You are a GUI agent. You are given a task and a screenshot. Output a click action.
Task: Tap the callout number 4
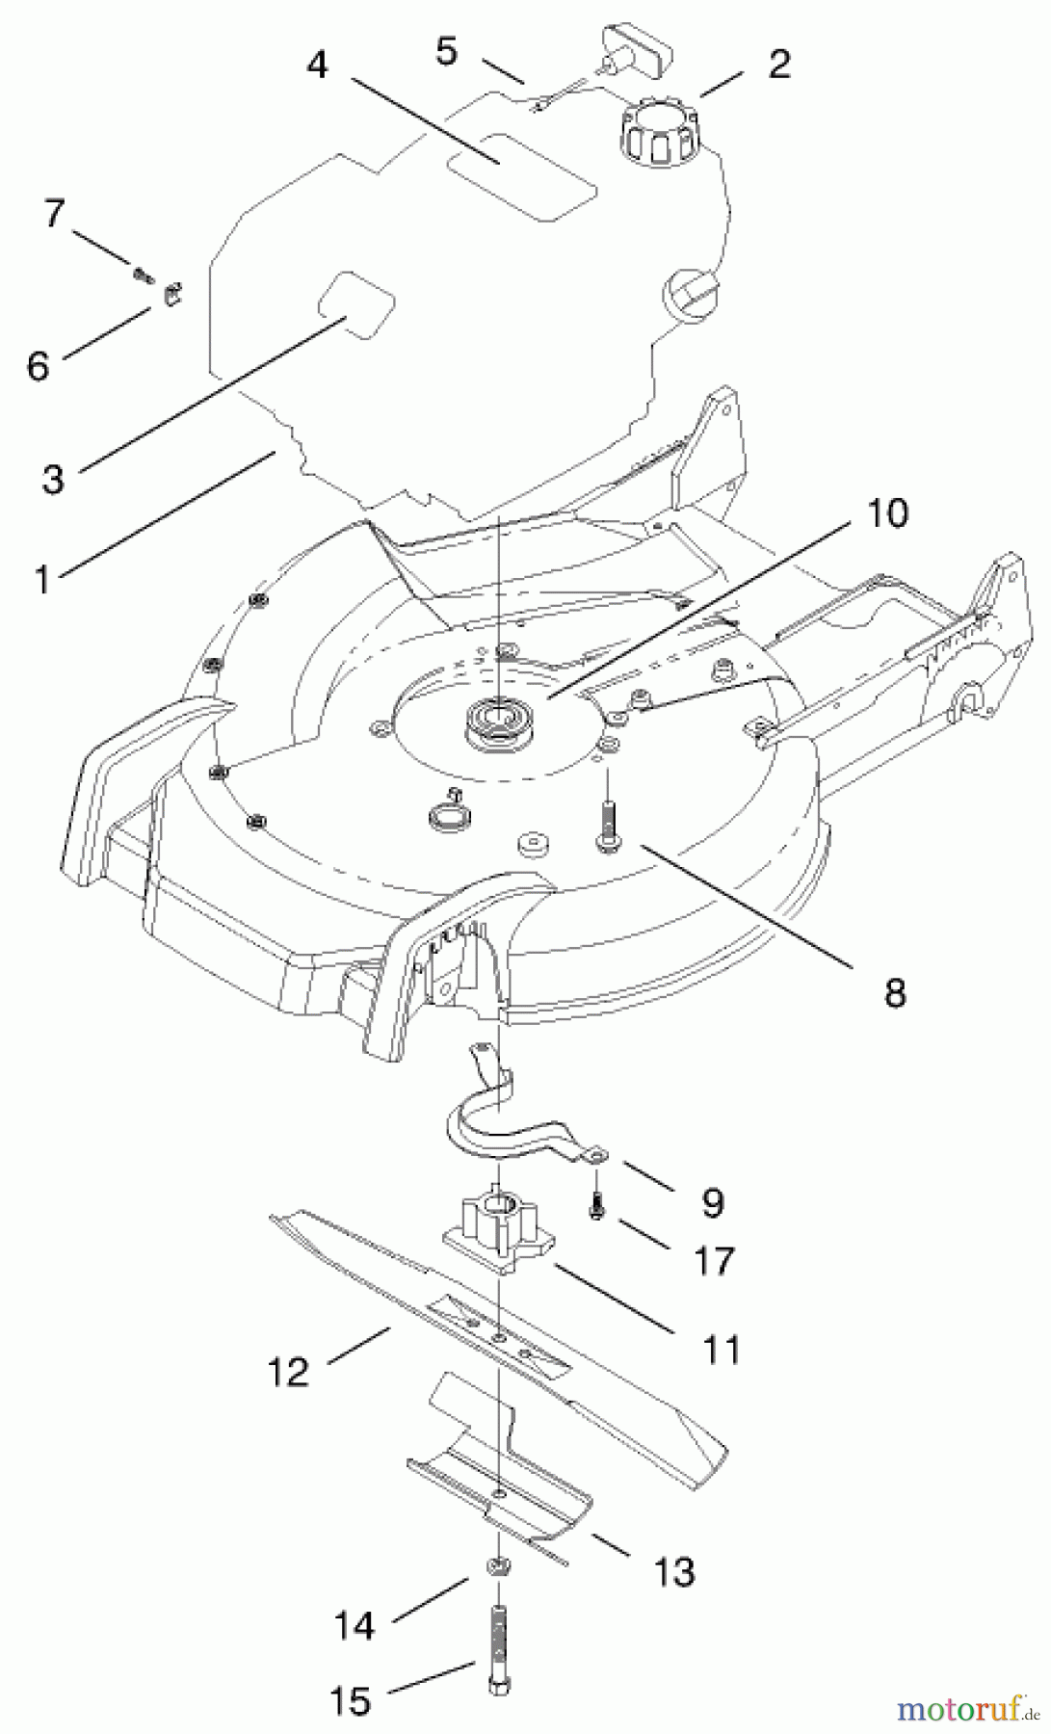click(318, 65)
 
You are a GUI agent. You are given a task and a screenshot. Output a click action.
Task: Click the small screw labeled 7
click(144, 274)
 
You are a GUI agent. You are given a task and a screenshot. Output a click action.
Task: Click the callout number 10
click(885, 513)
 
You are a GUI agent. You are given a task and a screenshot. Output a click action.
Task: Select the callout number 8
click(895, 992)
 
